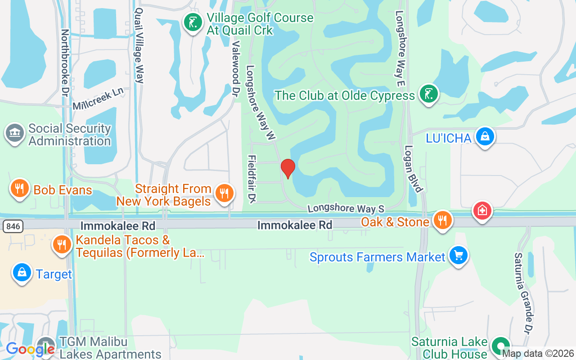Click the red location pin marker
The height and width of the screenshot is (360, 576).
pyautogui.click(x=288, y=168)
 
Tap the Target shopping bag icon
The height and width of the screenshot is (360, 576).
pyautogui.click(x=21, y=273)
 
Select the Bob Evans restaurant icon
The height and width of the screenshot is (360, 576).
pyautogui.click(x=19, y=189)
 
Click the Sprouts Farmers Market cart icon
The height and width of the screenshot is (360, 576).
pyautogui.click(x=458, y=256)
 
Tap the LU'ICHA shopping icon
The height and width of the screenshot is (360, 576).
pyautogui.click(x=485, y=136)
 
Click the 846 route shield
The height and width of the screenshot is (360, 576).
pyautogui.click(x=13, y=226)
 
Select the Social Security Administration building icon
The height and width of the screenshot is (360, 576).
pyautogui.click(x=15, y=134)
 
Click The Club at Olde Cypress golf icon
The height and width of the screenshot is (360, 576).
pyautogui.click(x=428, y=94)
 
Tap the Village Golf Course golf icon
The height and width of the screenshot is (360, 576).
pyautogui.click(x=193, y=22)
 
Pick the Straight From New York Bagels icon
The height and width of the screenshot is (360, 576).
pyautogui.click(x=223, y=193)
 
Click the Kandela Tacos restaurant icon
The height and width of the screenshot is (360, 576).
pyautogui.click(x=62, y=245)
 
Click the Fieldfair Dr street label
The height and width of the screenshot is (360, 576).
pyautogui.click(x=252, y=179)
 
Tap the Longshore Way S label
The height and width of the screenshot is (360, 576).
pyautogui.click(x=346, y=209)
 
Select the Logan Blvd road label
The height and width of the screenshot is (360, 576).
pyautogui.click(x=414, y=168)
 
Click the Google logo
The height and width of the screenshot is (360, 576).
pyautogui.click(x=30, y=349)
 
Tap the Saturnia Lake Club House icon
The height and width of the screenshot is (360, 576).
pyautogui.click(x=500, y=347)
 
